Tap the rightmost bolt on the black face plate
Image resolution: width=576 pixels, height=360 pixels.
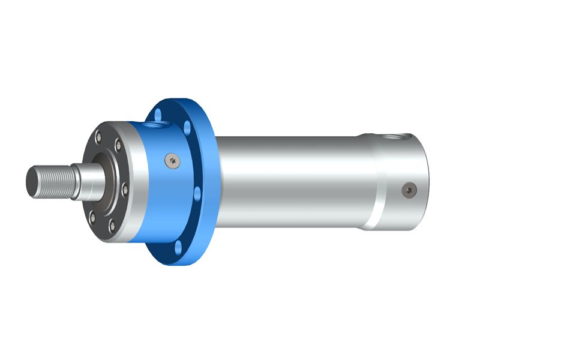pyautogui.click(x=125, y=190)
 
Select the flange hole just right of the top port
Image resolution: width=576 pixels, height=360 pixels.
pyautogui.click(x=188, y=128)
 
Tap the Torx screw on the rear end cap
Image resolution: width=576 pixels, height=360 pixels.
pyautogui.click(x=408, y=190)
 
